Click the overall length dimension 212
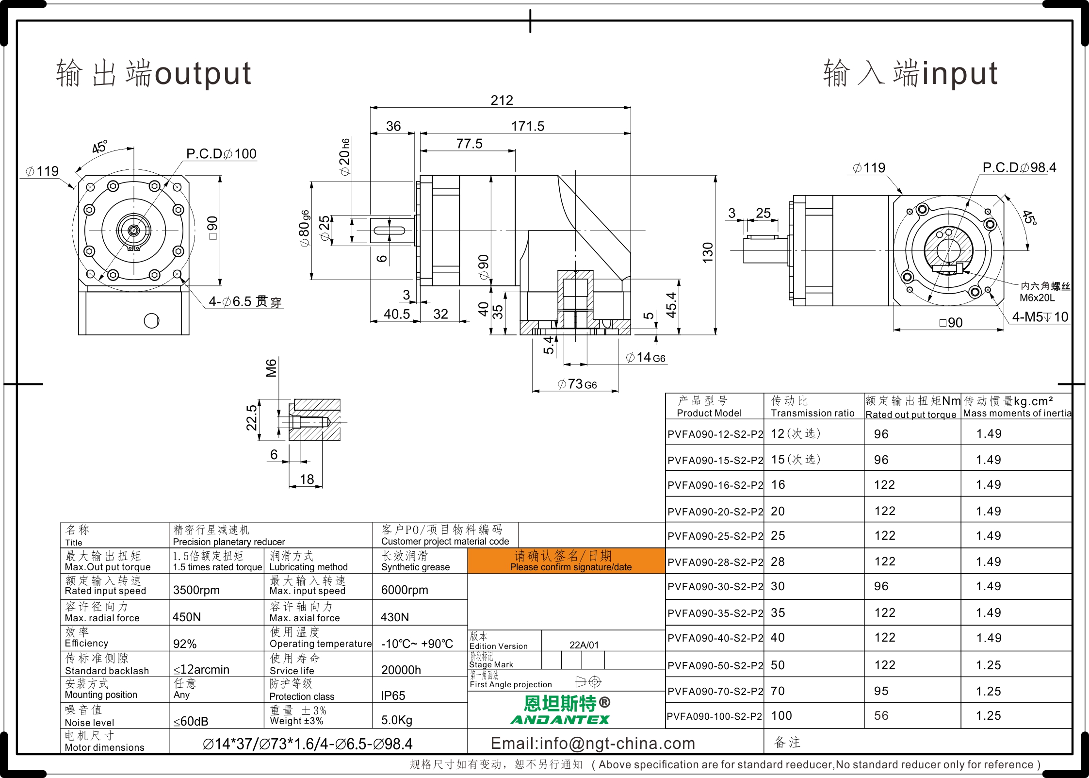(x=502, y=100)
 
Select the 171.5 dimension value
(x=528, y=126)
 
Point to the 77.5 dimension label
(x=469, y=144)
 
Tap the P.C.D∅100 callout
(x=221, y=154)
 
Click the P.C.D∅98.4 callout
(x=1019, y=167)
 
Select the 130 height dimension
(x=708, y=253)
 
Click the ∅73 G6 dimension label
(x=577, y=384)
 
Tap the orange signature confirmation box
(x=566, y=561)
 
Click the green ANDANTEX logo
(x=560, y=720)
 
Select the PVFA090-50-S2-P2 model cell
(x=715, y=665)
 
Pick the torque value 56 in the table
(x=881, y=716)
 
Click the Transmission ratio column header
(x=813, y=413)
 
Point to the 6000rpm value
(x=405, y=590)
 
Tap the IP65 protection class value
(x=393, y=696)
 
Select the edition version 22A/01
(x=584, y=645)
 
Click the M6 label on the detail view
(x=271, y=368)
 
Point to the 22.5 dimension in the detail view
(x=251, y=418)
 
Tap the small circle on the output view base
(x=151, y=321)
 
